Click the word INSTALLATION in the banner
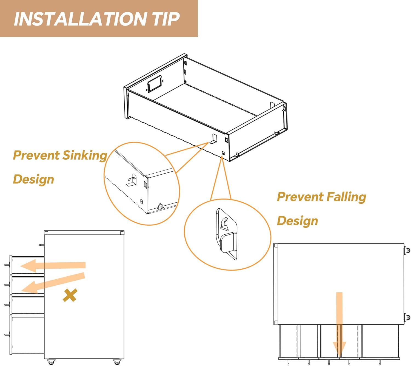80,19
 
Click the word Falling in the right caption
346,197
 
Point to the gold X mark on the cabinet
70,295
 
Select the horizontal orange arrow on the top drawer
53,266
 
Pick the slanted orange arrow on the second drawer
53,283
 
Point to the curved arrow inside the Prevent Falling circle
225,223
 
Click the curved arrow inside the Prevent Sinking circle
131,178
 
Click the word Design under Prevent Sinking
33,180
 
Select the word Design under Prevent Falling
297,221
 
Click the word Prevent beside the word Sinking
36,155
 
